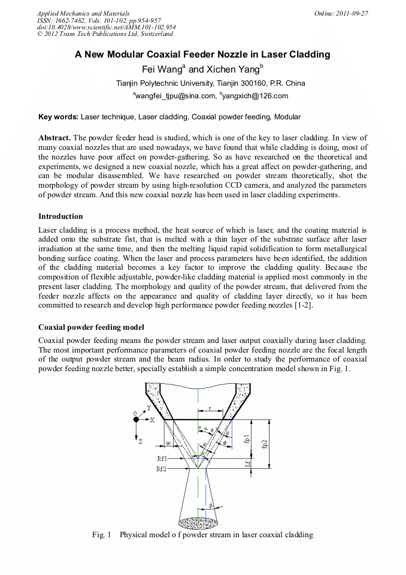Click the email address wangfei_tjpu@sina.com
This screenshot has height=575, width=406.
click(175, 95)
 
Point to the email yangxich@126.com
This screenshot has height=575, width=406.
click(256, 95)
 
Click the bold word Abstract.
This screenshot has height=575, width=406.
click(55, 138)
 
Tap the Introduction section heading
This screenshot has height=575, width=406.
click(60, 216)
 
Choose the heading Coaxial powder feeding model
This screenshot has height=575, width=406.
click(91, 327)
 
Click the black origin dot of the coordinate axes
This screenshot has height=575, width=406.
click(137, 420)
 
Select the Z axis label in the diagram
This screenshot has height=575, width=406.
click(140, 441)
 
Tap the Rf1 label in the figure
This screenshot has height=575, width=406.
click(162, 458)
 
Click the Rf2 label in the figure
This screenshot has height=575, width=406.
click(162, 468)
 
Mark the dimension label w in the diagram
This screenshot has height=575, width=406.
click(168, 444)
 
